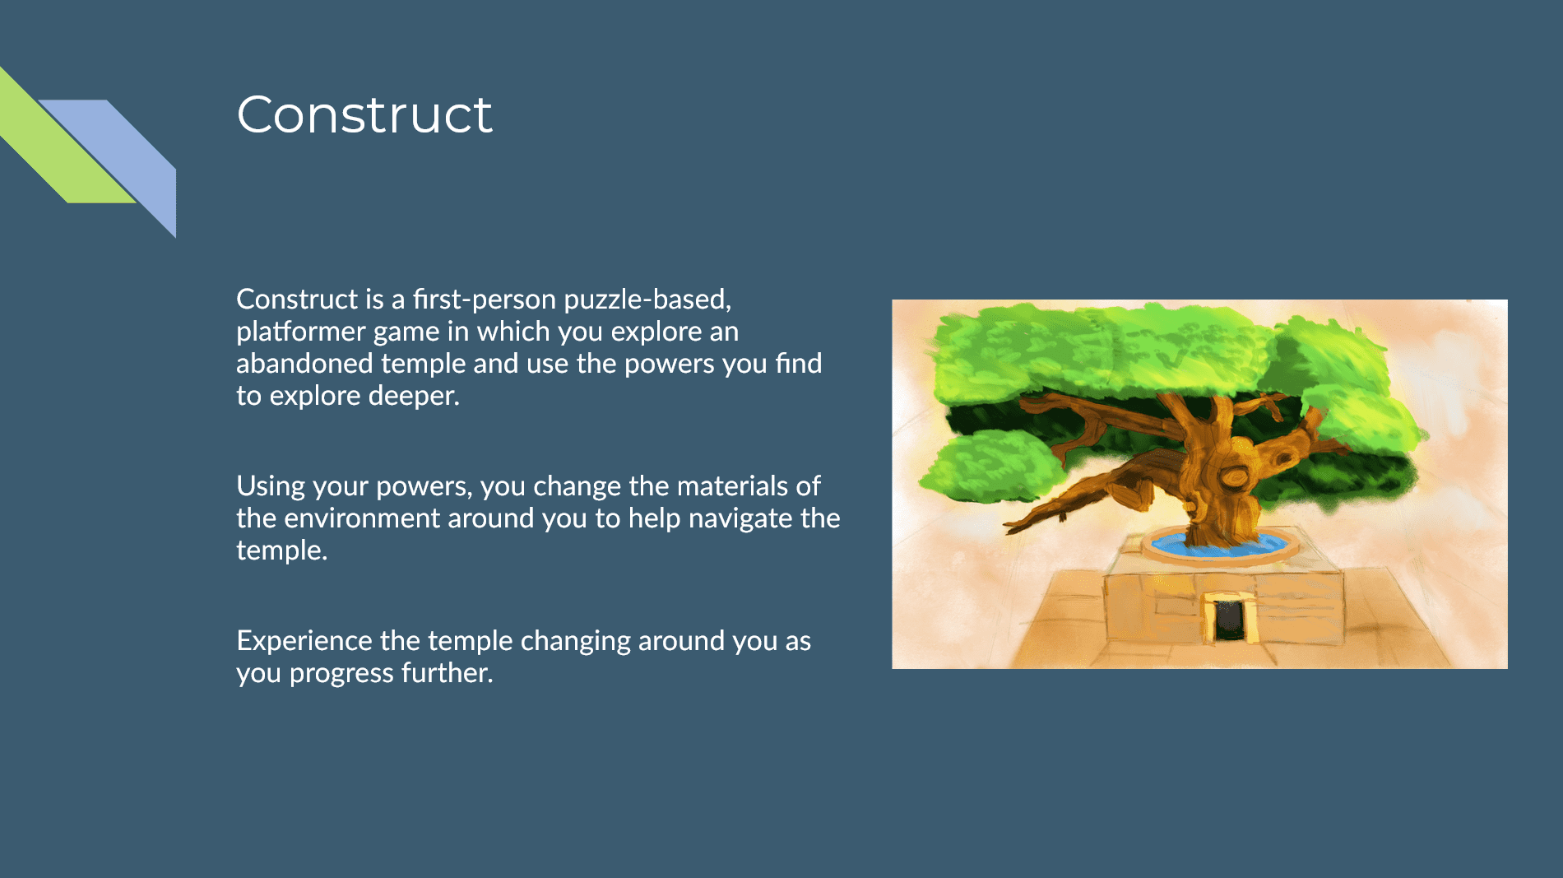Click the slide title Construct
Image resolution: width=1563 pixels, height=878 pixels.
364,114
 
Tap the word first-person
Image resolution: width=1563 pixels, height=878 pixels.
485,299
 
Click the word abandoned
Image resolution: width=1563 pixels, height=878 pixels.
304,363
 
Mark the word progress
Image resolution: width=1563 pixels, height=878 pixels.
341,673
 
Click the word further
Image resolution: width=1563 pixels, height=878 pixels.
447,672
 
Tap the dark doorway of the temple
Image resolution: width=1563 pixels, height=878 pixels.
1230,620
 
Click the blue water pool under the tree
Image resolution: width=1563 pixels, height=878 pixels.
1220,544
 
